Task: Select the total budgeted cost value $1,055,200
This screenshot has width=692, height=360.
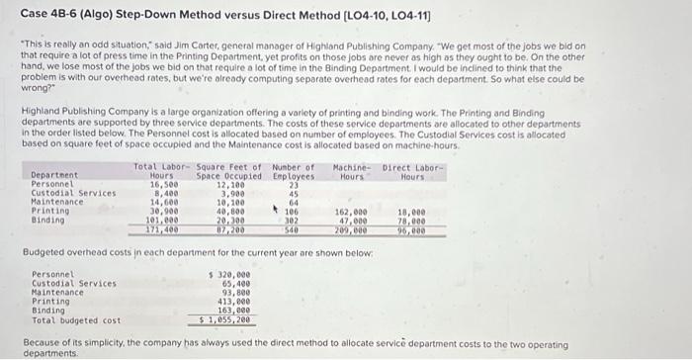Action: (225, 319)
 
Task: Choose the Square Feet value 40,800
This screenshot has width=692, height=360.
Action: (229, 212)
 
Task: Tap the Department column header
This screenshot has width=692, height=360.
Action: (52, 176)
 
